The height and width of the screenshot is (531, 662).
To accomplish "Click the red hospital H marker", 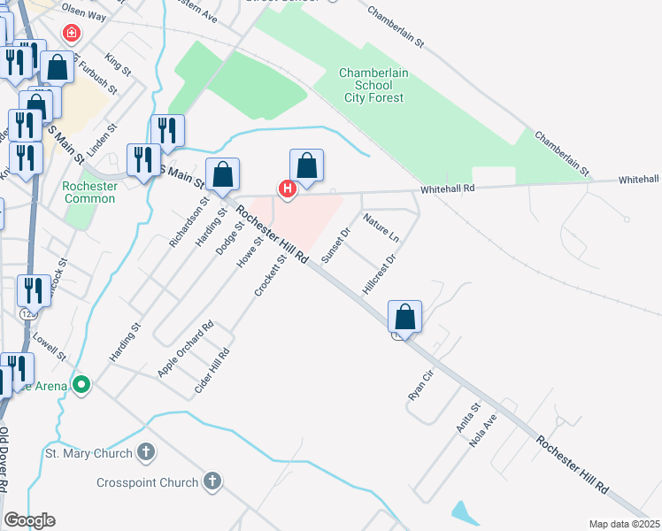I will coord(287,189).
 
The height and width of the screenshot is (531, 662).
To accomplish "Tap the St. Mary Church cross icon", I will coord(147,453).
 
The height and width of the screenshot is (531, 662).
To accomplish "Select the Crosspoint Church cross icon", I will coord(212,482).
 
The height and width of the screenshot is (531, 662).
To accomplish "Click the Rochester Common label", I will coord(89,192).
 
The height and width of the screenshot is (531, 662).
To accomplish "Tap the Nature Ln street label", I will coord(381,228).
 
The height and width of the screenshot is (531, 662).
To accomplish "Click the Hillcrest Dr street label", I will coord(377,274).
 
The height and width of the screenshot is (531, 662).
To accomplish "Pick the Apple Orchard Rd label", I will coord(186,350).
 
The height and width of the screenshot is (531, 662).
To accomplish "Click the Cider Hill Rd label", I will coord(212,372).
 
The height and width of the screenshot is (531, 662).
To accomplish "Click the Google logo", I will coord(29,520).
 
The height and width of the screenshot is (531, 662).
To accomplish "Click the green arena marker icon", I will coord(81,385).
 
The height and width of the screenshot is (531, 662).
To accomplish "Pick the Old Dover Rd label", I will coord(5,460).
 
